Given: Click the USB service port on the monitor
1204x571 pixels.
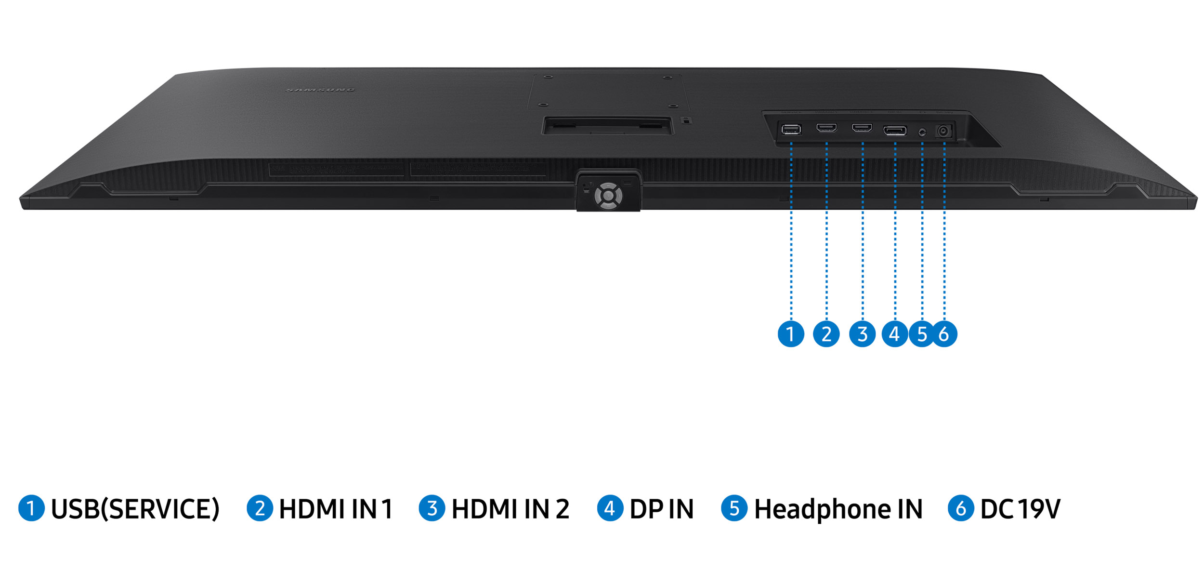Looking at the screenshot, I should (x=791, y=129).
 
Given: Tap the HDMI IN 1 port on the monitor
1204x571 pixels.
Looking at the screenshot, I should (x=826, y=128).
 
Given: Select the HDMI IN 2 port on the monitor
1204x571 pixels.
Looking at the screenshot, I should (x=862, y=128).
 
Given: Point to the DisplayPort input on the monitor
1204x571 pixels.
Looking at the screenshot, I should (x=895, y=130).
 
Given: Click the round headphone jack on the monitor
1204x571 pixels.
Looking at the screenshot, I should (x=922, y=132).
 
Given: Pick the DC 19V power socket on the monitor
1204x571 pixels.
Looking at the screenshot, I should (x=944, y=131).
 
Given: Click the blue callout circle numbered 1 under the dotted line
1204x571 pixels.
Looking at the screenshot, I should (x=791, y=333).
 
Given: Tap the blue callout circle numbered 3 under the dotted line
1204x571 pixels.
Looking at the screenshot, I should (x=862, y=333).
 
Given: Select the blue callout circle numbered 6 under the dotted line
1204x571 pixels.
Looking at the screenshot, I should (x=944, y=333).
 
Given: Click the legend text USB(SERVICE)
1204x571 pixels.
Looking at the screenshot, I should (x=135, y=509).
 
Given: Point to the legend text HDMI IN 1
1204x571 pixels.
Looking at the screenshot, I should (x=336, y=509).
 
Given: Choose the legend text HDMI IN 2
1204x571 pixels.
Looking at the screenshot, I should (x=510, y=509).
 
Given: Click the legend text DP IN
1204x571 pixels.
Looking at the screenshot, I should (x=662, y=509).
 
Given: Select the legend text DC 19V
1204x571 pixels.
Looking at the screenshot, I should (x=1020, y=509).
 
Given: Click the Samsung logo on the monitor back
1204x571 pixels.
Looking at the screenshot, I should (x=320, y=90).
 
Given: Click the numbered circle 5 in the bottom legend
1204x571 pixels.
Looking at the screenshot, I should (x=734, y=508).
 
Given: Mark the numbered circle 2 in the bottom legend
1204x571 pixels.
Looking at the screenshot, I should (x=260, y=508).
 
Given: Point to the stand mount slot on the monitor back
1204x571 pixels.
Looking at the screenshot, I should (x=607, y=126).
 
